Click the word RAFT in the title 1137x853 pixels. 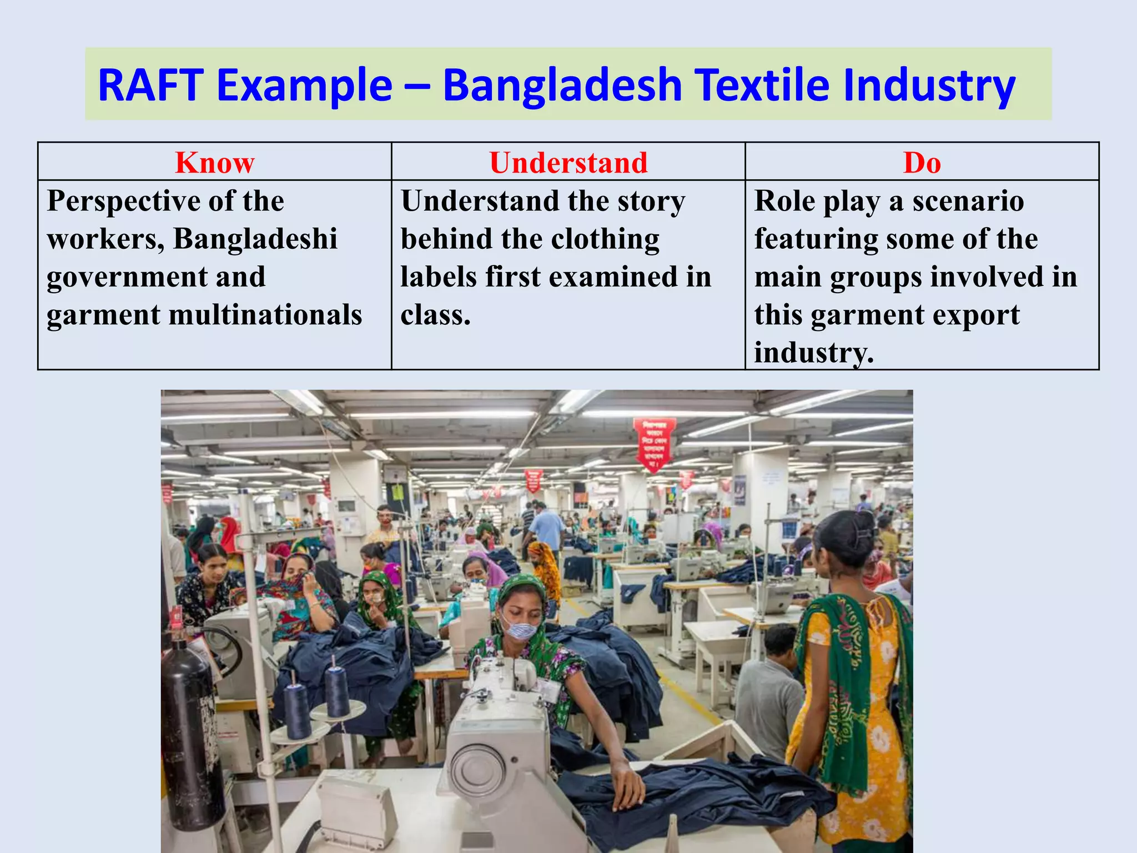pos(150,85)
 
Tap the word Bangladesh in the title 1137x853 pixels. pos(562,85)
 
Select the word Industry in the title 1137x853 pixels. pos(929,85)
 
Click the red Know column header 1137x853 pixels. pos(215,163)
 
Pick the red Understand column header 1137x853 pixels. pos(568,163)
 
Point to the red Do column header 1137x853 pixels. pos(922,163)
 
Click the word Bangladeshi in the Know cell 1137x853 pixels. pos(255,239)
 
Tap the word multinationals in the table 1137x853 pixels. pos(265,315)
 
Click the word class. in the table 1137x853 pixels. pos(436,315)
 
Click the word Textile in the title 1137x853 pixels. pos(763,85)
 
